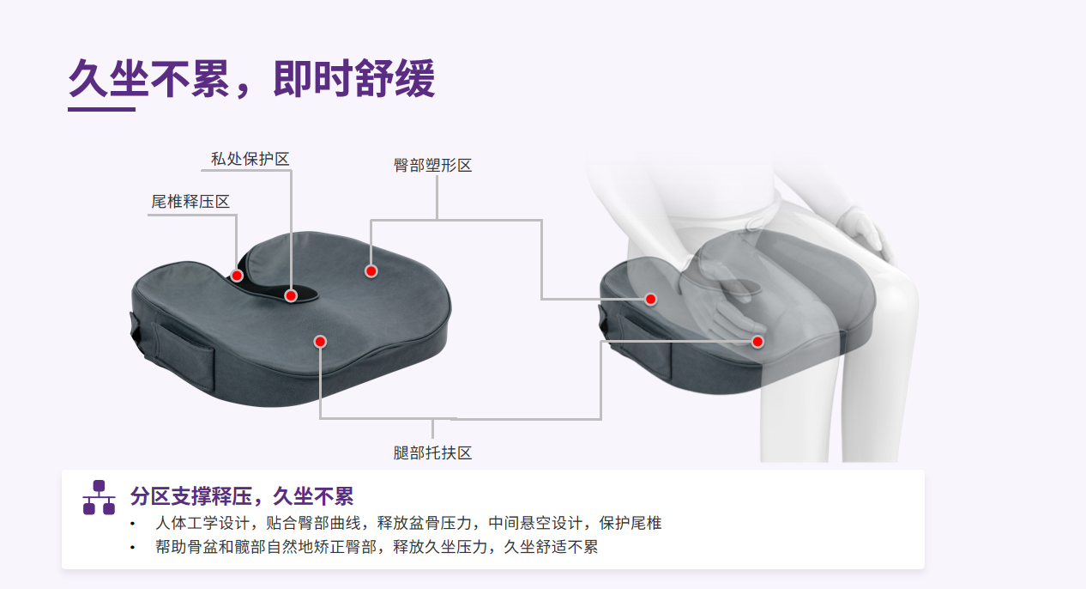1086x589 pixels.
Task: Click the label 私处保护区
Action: pyautogui.click(x=250, y=159)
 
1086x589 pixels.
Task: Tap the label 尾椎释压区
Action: pyautogui.click(x=190, y=202)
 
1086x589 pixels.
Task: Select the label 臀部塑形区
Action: pyautogui.click(x=432, y=165)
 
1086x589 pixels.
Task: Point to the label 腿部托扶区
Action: pyautogui.click(x=432, y=452)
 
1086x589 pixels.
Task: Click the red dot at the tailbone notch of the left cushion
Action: pyautogui.click(x=237, y=276)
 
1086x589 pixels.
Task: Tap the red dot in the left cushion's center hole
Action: pyautogui.click(x=291, y=295)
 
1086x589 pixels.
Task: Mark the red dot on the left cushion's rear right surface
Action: pyautogui.click(x=371, y=271)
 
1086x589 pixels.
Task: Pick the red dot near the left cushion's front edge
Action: pyautogui.click(x=320, y=342)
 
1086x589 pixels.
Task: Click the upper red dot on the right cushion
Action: pyautogui.click(x=650, y=299)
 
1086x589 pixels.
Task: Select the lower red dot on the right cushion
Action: pyautogui.click(x=757, y=342)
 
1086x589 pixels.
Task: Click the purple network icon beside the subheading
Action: pyautogui.click(x=99, y=497)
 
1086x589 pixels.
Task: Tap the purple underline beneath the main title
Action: pyautogui.click(x=101, y=110)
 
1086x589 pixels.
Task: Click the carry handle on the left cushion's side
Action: pyautogui.click(x=184, y=355)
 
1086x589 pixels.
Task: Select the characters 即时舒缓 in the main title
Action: pyautogui.click(x=354, y=79)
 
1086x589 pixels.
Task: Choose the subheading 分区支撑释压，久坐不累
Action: pyautogui.click(x=242, y=496)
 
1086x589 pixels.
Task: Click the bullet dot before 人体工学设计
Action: pyautogui.click(x=132, y=524)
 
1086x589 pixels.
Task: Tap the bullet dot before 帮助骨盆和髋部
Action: pyautogui.click(x=132, y=548)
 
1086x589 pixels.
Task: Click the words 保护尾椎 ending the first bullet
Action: pyautogui.click(x=630, y=523)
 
